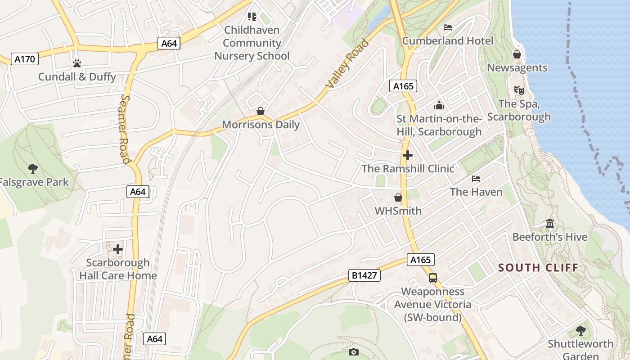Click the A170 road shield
tap(25, 59)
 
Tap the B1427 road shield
tap(364, 275)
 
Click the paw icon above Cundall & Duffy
tap(77, 63)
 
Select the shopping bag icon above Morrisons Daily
tap(261, 111)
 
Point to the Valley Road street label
tap(347, 63)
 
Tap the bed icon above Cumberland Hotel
tap(447, 27)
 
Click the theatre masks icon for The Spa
tap(519, 90)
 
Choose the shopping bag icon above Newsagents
tap(517, 54)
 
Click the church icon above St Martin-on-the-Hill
tap(439, 106)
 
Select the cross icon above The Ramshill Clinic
tap(408, 155)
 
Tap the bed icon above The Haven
tap(476, 179)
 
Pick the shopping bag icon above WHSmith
tap(398, 198)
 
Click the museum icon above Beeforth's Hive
tap(549, 224)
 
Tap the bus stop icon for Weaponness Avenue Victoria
tap(432, 278)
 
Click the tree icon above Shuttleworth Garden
tap(580, 331)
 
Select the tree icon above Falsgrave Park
tap(32, 169)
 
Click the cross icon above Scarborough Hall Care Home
tap(118, 249)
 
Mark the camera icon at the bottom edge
tap(354, 352)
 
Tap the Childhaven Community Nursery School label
tap(252, 43)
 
